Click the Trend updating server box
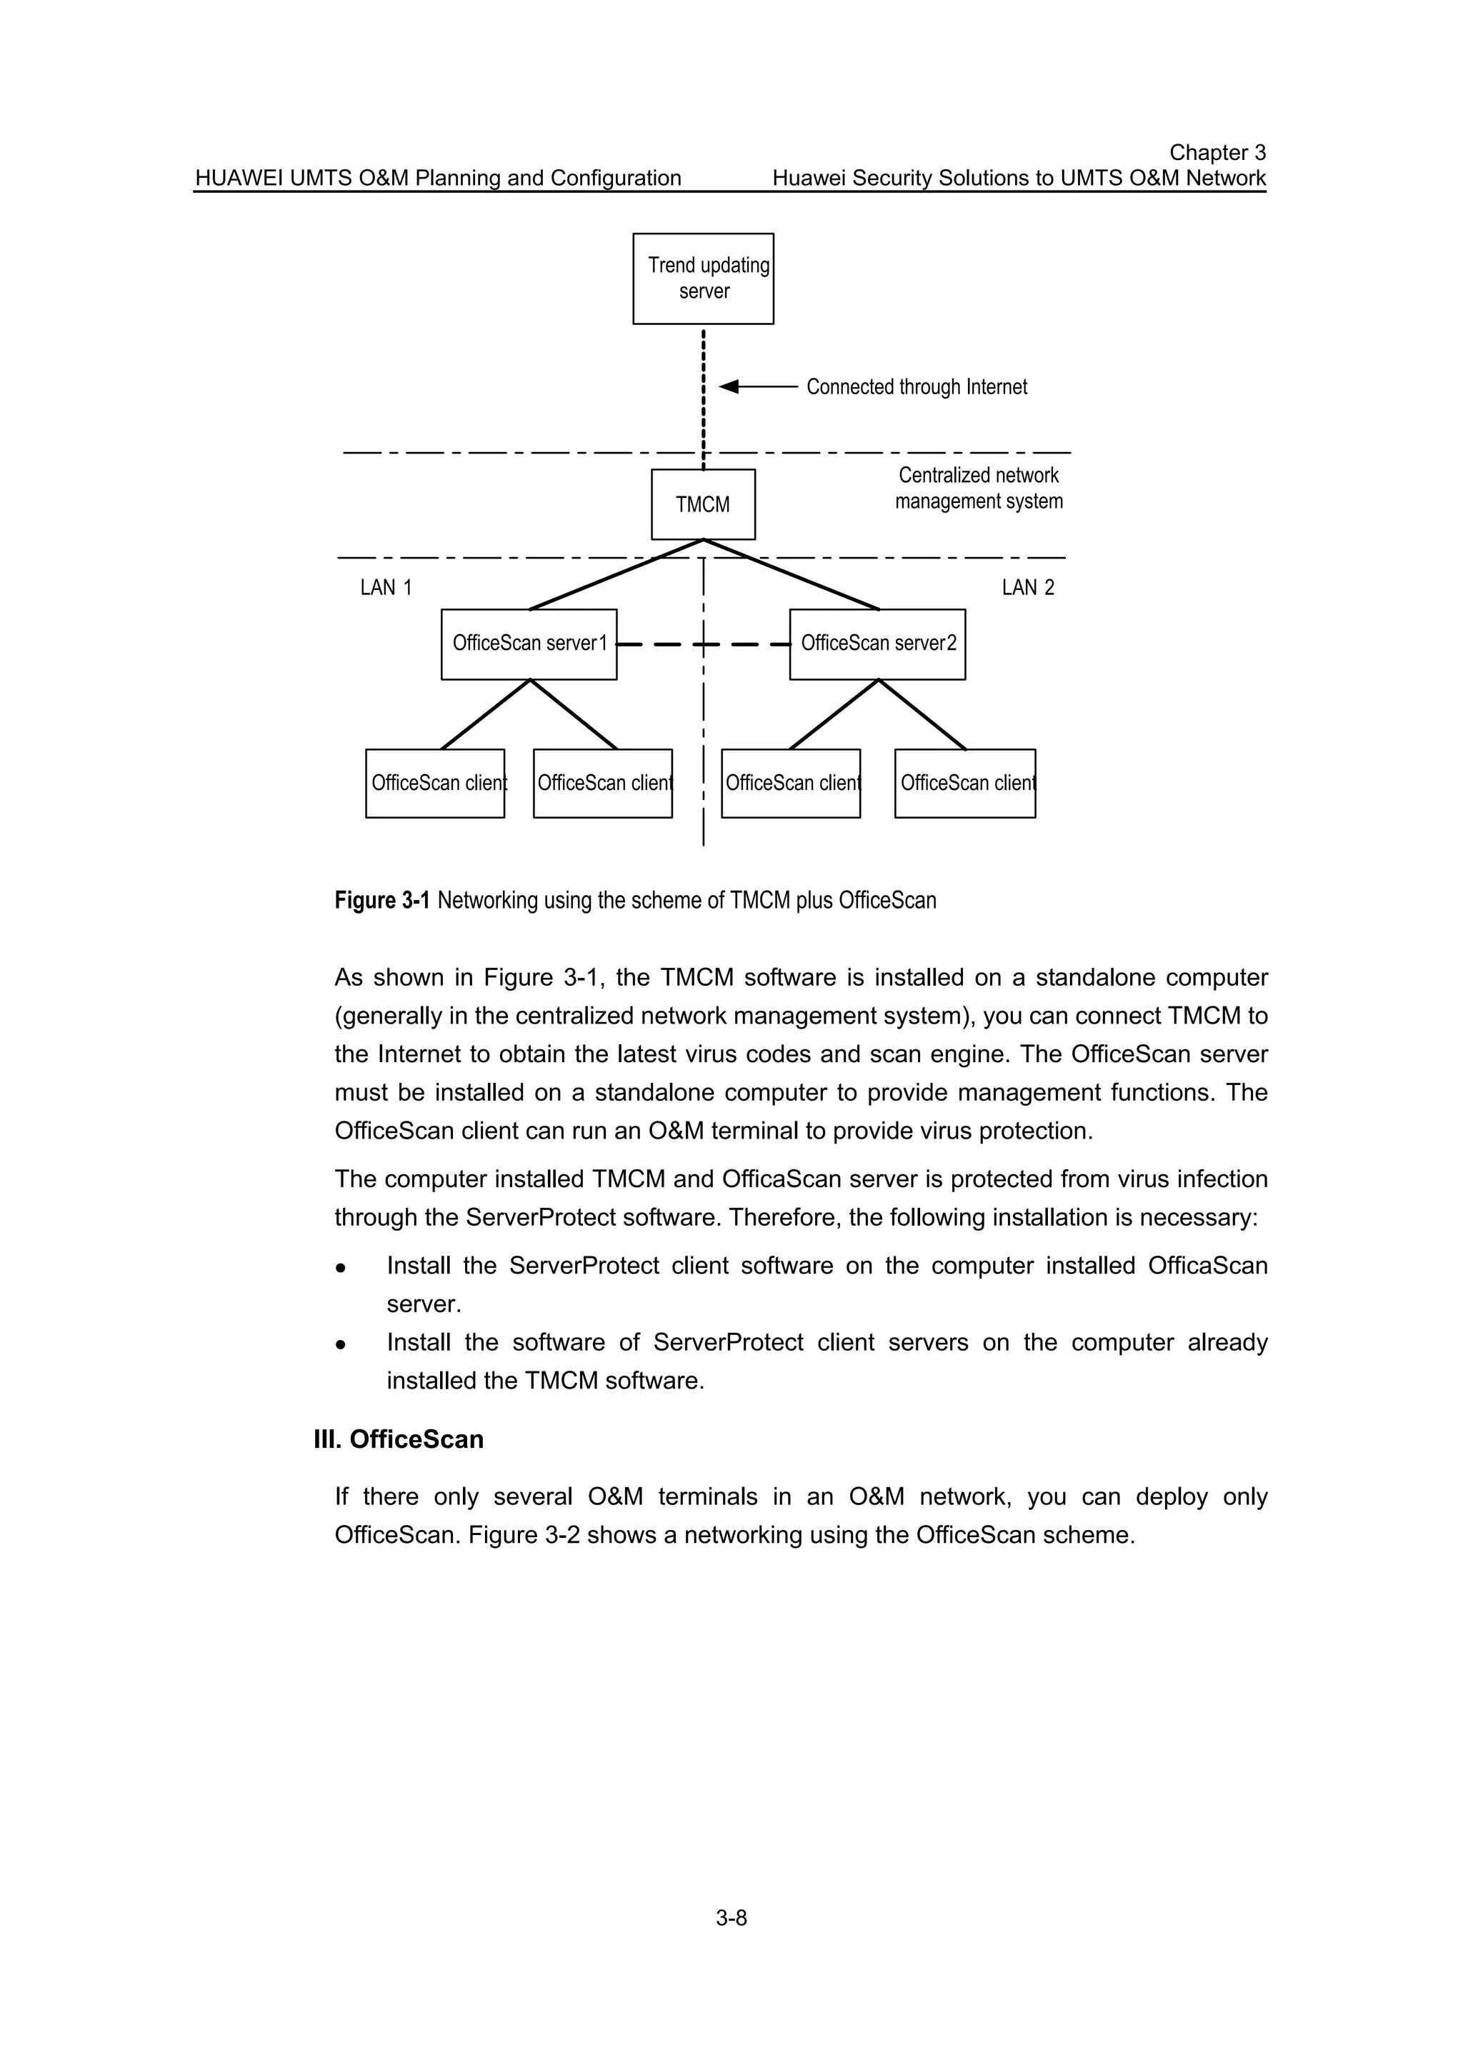[703, 279]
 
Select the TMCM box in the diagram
[703, 504]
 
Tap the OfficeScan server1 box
[529, 644]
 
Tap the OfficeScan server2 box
[877, 644]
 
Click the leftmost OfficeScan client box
[434, 784]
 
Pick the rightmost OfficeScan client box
[964, 784]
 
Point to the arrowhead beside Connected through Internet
[729, 386]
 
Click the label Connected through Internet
[917, 386]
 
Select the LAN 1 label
[386, 588]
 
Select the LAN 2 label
[1028, 588]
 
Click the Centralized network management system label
[979, 488]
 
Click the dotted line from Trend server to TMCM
[703, 396]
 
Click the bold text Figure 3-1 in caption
[382, 901]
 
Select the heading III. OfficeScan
[399, 1439]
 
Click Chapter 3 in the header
[1217, 152]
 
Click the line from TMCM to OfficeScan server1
[616, 575]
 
